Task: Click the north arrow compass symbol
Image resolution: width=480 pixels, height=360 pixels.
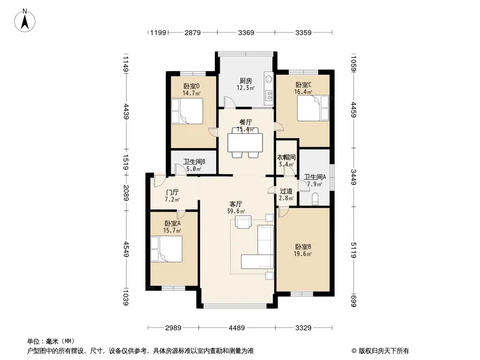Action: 25,21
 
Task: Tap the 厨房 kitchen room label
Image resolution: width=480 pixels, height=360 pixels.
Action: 245,81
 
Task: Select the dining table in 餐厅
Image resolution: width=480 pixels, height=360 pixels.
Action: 245,143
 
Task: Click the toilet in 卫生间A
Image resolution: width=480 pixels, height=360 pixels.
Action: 315,199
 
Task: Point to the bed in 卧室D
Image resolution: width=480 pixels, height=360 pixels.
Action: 187,111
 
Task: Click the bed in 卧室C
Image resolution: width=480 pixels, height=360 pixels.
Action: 313,108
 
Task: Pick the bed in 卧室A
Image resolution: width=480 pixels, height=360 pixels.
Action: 166,249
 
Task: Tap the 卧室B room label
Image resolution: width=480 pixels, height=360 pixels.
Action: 303,247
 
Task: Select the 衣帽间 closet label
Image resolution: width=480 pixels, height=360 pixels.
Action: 286,157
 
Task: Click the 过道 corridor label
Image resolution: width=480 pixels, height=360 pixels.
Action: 286,191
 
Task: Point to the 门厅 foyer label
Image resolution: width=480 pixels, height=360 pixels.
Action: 172,193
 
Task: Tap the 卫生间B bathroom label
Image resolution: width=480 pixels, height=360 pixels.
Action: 194,162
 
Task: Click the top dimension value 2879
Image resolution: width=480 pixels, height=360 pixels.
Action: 193,32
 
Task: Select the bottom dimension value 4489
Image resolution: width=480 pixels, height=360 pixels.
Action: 237,328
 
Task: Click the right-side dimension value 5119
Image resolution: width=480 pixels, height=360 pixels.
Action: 353,250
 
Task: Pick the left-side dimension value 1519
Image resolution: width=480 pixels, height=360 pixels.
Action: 126,162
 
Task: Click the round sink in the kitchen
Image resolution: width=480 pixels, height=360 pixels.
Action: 269,79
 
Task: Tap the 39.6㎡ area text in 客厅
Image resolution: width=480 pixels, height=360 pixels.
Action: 236,211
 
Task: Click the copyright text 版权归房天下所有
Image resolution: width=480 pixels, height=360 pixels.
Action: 384,351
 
